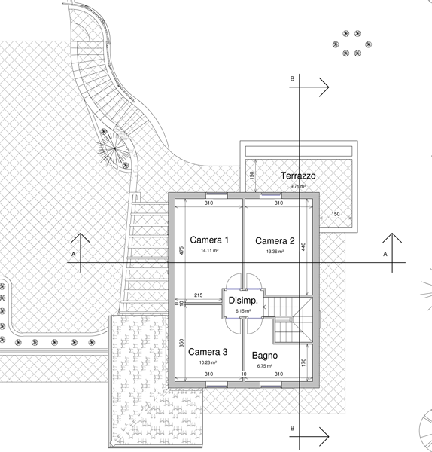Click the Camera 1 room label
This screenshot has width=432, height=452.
tap(209, 240)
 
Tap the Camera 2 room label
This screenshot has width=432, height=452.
tap(275, 241)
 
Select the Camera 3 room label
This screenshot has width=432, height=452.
tap(208, 352)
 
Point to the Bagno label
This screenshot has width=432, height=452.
tap(265, 356)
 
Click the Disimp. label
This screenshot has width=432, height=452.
tap(243, 301)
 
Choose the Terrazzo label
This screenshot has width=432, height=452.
tap(298, 176)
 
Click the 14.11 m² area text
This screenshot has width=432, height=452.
tap(209, 251)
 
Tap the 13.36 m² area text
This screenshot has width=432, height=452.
tap(275, 252)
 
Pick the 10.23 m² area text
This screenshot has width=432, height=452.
tap(208, 362)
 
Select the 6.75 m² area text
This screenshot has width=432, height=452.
tap(265, 366)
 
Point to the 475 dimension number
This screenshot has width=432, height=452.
tap(181, 250)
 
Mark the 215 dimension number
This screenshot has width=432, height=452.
tap(199, 295)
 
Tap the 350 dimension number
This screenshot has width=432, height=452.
tap(181, 343)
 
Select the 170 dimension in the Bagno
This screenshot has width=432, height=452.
tap(303, 362)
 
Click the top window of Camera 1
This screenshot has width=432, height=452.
tap(217, 195)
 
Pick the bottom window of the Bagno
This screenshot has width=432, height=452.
tap(271, 386)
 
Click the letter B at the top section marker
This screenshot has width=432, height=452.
tap(292, 78)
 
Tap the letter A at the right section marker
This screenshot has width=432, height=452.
tap(385, 255)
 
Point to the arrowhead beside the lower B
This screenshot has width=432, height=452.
tap(324, 436)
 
